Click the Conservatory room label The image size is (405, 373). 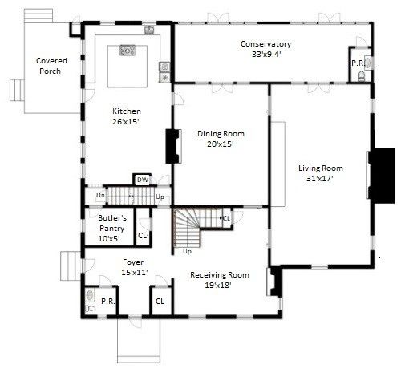tap(265, 44)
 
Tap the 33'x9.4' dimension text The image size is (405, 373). tap(266, 55)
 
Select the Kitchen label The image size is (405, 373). tap(127, 111)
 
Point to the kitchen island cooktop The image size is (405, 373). tap(128, 51)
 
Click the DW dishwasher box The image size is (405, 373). tap(143, 180)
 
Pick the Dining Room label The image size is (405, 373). tap(221, 134)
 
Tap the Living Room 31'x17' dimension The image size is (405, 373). tap(320, 178)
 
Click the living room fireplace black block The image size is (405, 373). tap(382, 176)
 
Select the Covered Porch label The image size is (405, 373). tap(51, 66)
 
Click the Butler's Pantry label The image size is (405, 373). tap(112, 223)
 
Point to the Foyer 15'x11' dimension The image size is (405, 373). tap(135, 273)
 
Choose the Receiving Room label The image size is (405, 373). tap(220, 275)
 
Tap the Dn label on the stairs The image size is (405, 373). tap(100, 195)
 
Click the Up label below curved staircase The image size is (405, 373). tap(187, 252)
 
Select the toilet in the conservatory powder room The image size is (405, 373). tap(361, 76)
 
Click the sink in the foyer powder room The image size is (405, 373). tap(90, 295)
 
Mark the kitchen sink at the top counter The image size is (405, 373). tap(149, 30)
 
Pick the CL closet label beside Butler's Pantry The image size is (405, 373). tap(143, 236)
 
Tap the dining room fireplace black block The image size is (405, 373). tap(172, 146)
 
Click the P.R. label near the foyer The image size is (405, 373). tap(108, 302)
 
